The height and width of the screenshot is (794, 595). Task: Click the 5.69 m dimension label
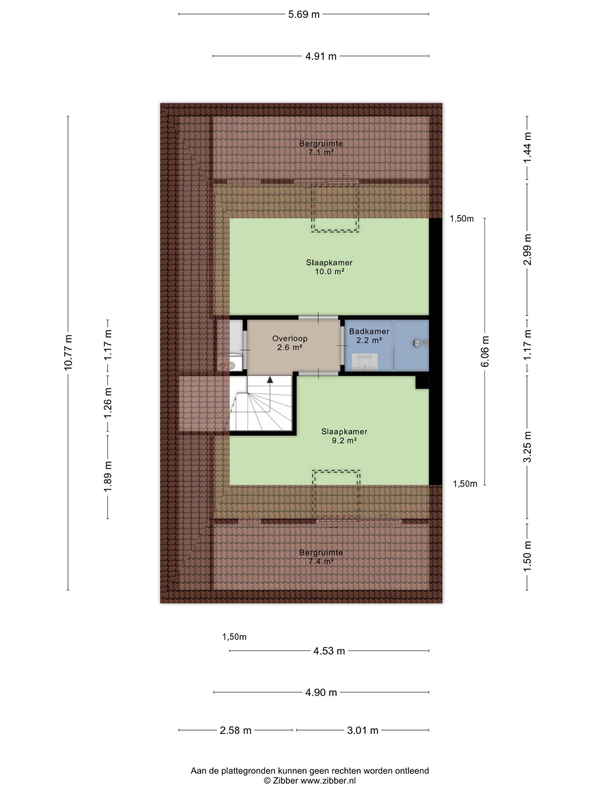click(x=303, y=14)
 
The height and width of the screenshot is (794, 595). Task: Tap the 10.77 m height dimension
click(x=68, y=352)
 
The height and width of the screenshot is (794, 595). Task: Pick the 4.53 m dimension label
click(x=329, y=651)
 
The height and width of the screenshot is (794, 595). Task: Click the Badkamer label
click(x=369, y=331)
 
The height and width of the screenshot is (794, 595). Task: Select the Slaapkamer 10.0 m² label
click(x=329, y=267)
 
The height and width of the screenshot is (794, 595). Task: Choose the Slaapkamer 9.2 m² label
click(x=344, y=436)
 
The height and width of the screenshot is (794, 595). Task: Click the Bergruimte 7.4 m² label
click(x=321, y=557)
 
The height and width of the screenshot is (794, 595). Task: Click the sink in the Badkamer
click(x=365, y=362)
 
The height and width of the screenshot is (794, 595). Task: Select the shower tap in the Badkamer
click(x=420, y=343)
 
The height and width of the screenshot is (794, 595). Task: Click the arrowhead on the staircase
click(x=270, y=379)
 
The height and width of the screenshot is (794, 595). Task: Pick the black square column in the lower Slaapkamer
click(x=422, y=382)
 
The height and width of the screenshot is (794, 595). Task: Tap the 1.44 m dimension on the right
click(x=527, y=147)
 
